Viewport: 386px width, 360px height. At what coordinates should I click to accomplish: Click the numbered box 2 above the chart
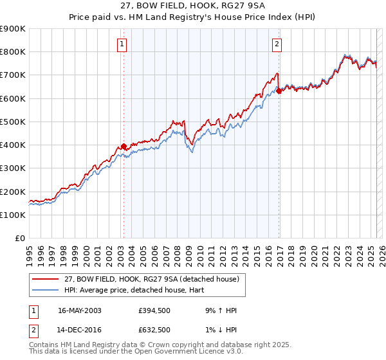tap(277, 44)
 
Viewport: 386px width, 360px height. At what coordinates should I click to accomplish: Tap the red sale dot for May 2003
tap(124, 146)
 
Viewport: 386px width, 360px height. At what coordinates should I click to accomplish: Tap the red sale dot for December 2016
tap(279, 91)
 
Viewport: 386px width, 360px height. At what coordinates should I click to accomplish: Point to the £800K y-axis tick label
tap(13, 51)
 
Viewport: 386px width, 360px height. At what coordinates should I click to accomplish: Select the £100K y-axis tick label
tap(13, 215)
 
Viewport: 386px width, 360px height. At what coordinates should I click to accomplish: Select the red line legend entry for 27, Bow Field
tap(152, 279)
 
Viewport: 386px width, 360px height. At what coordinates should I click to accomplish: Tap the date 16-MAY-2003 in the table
tap(80, 310)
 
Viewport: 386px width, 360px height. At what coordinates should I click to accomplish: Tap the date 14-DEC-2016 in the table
tap(80, 330)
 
